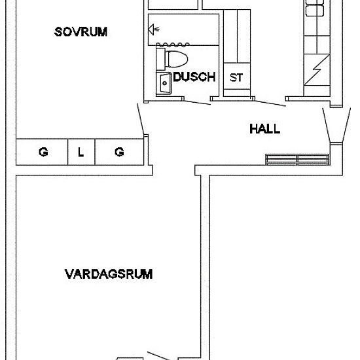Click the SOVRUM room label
click(81, 31)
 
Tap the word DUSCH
click(194, 77)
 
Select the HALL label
click(264, 128)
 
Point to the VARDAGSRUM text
click(109, 274)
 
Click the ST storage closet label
click(236, 77)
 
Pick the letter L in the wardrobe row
click(81, 153)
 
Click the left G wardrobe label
click(43, 153)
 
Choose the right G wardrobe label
click(119, 153)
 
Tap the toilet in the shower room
click(173, 59)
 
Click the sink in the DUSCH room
click(163, 83)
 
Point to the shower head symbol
click(153, 28)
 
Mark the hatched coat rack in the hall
click(298, 159)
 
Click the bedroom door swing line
click(140, 120)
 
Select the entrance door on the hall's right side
click(327, 124)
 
